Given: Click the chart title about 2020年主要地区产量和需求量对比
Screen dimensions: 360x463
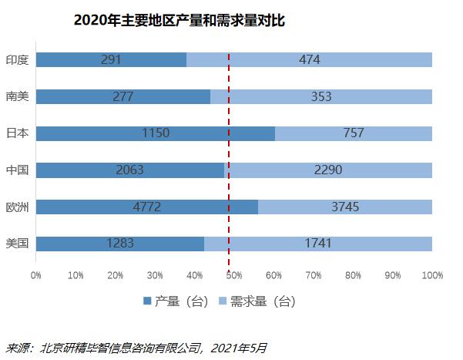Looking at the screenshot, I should [x=179, y=21].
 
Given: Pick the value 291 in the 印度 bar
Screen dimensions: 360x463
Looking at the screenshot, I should [x=112, y=59].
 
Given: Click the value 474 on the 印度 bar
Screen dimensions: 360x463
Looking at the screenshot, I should [x=309, y=59].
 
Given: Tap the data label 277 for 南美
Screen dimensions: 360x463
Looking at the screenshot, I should [x=122, y=96].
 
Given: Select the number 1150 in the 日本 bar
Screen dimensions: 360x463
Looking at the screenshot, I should [x=156, y=133].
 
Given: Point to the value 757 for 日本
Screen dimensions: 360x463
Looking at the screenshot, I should [x=353, y=133].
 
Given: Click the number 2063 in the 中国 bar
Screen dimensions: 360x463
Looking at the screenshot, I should [x=130, y=170].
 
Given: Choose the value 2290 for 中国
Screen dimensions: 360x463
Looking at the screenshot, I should [x=327, y=170].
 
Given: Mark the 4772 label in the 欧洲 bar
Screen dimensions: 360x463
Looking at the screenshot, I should [x=147, y=207].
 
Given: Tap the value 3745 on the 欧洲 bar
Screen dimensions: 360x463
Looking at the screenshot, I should [x=344, y=207].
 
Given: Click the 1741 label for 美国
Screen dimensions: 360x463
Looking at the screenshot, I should [x=317, y=244].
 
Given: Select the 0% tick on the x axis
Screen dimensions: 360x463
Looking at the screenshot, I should [x=35, y=275].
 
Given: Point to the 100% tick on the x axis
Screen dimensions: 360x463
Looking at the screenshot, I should [x=431, y=275].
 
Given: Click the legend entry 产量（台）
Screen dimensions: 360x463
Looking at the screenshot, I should [x=176, y=301].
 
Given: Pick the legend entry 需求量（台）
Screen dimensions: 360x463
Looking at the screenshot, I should [x=257, y=301].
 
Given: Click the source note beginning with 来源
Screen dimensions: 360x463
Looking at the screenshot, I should [x=136, y=348].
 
